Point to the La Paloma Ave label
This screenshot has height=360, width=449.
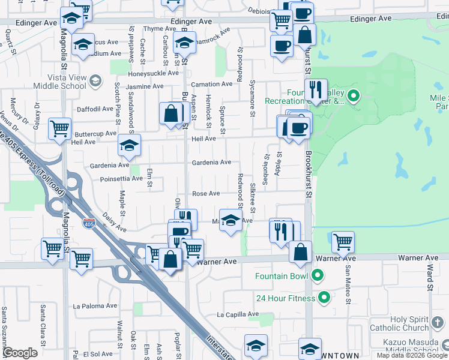click(x=94, y=305)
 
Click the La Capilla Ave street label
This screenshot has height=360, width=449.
click(x=237, y=314)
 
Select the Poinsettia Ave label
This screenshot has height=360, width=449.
click(x=121, y=178)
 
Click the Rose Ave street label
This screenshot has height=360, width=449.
click(x=206, y=193)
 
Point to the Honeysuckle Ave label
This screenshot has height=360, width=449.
click(x=154, y=73)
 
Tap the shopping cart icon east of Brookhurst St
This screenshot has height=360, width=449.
click(x=343, y=242)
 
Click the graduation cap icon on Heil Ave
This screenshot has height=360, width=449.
click(x=129, y=145)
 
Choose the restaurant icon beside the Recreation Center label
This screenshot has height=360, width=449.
click(x=315, y=90)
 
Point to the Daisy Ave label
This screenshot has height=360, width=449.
click(x=113, y=221)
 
